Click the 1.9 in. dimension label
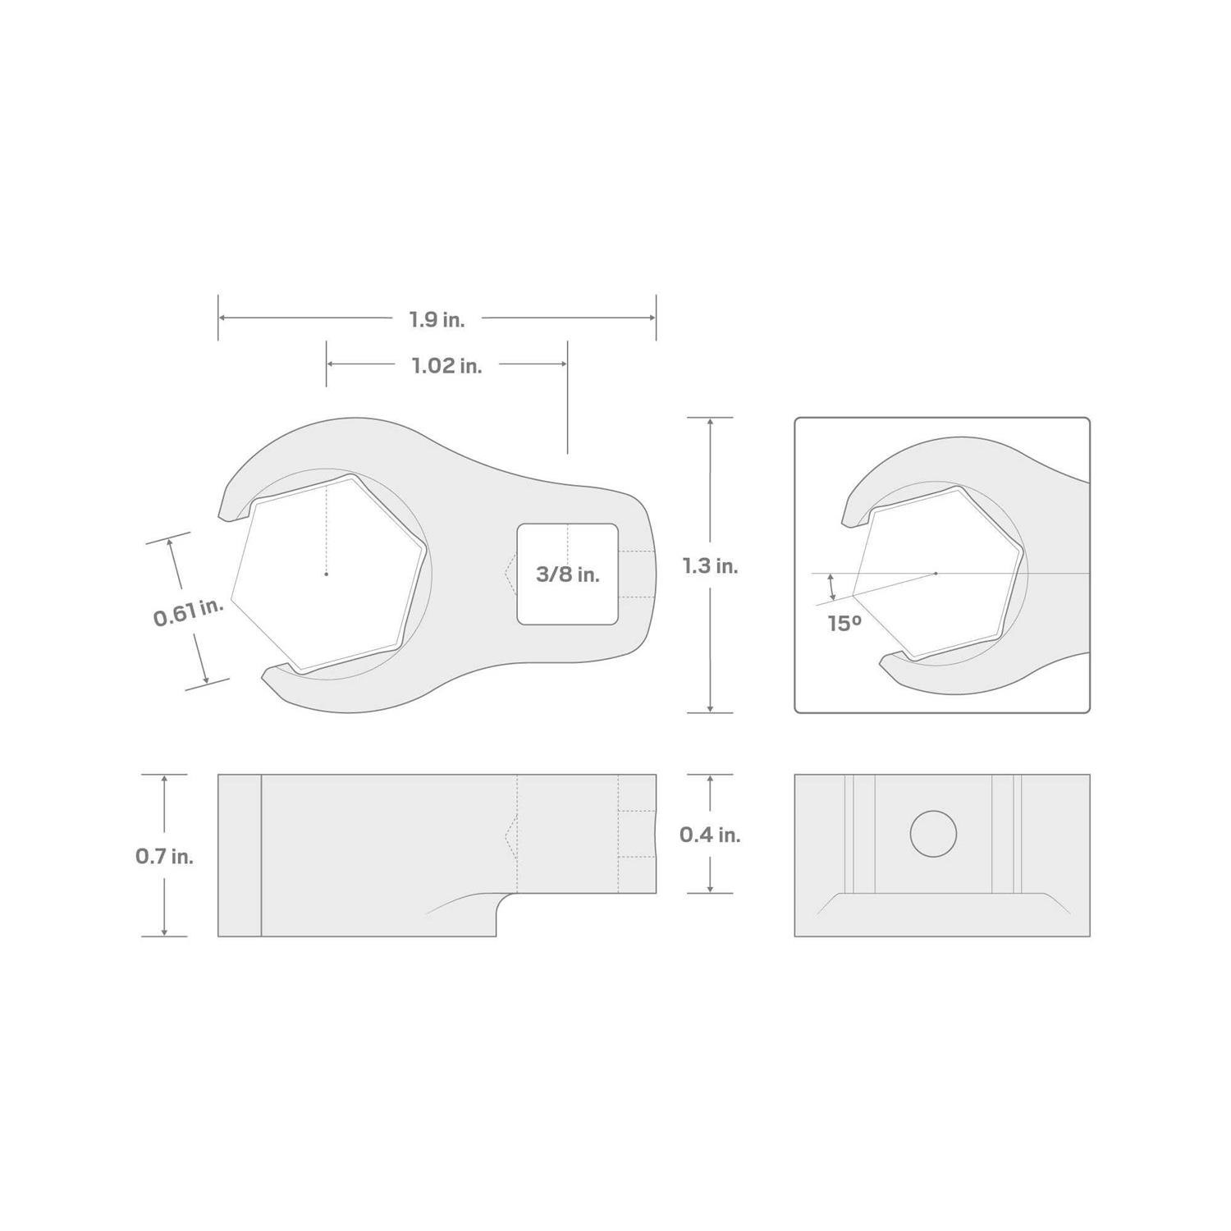click(x=437, y=319)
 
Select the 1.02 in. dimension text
click(x=446, y=365)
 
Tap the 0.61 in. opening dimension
click(x=188, y=612)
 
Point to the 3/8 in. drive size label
click(x=567, y=574)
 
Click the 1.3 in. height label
click(x=710, y=565)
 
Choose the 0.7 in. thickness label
click(x=164, y=856)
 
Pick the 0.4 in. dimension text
click(x=710, y=835)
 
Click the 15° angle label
click(x=844, y=623)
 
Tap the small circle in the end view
click(x=933, y=834)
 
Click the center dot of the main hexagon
click(x=326, y=574)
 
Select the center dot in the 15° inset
click(x=936, y=573)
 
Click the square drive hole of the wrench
click(x=567, y=574)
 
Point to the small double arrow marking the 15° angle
click(x=832, y=587)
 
